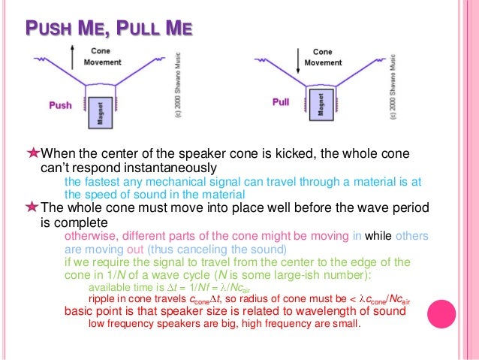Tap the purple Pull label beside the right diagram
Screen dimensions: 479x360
pyautogui.click(x=281, y=101)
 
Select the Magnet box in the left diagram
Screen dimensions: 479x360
pyautogui.click(x=104, y=113)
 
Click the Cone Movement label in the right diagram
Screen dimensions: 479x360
pyautogui.click(x=322, y=56)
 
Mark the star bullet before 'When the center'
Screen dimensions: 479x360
pyautogui.click(x=32, y=153)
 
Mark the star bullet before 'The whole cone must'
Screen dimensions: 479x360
pyautogui.click(x=32, y=207)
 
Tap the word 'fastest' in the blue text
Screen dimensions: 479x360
pyautogui.click(x=99, y=182)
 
